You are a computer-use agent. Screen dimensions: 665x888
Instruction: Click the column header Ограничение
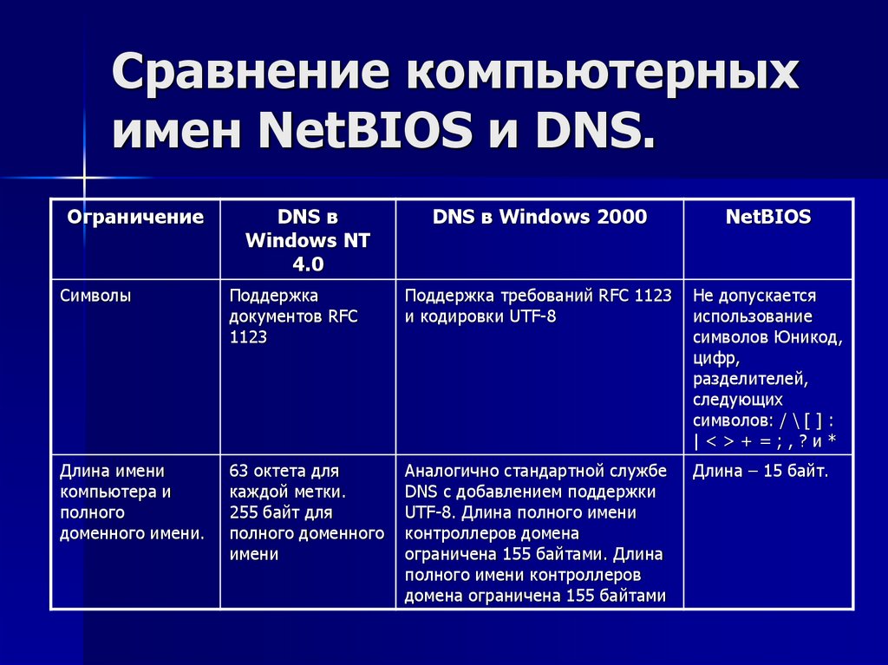click(x=135, y=217)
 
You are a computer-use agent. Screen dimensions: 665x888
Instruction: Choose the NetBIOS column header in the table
click(x=768, y=217)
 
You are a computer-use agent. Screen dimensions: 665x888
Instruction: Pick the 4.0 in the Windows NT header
click(x=307, y=264)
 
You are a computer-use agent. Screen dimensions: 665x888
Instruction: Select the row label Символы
click(x=96, y=296)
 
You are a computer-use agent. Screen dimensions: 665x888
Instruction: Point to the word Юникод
click(x=810, y=337)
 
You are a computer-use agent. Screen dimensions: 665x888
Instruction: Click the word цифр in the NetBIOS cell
click(x=715, y=358)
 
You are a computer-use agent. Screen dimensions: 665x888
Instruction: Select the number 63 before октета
click(x=239, y=472)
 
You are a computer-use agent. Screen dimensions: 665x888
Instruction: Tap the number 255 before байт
click(x=244, y=513)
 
